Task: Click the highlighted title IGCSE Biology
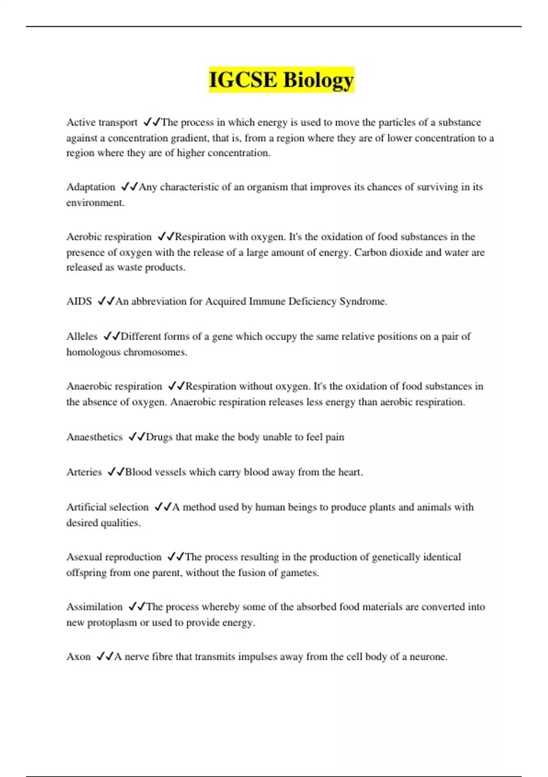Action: [x=281, y=80]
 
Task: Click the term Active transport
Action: [x=102, y=122]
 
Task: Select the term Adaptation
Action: [x=91, y=187]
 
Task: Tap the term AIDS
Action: [x=79, y=302]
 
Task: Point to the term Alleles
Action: [x=82, y=336]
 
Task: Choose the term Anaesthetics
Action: [x=95, y=437]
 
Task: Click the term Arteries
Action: [x=84, y=472]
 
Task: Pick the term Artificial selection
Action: [x=107, y=507]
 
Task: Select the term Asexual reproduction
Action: [x=114, y=557]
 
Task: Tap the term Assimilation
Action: [x=95, y=607]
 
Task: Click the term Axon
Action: [x=79, y=657]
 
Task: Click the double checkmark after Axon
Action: [x=105, y=657]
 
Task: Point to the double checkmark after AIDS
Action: [x=106, y=302]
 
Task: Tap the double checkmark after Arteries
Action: [x=116, y=472]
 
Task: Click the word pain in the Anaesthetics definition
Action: [x=335, y=437]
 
